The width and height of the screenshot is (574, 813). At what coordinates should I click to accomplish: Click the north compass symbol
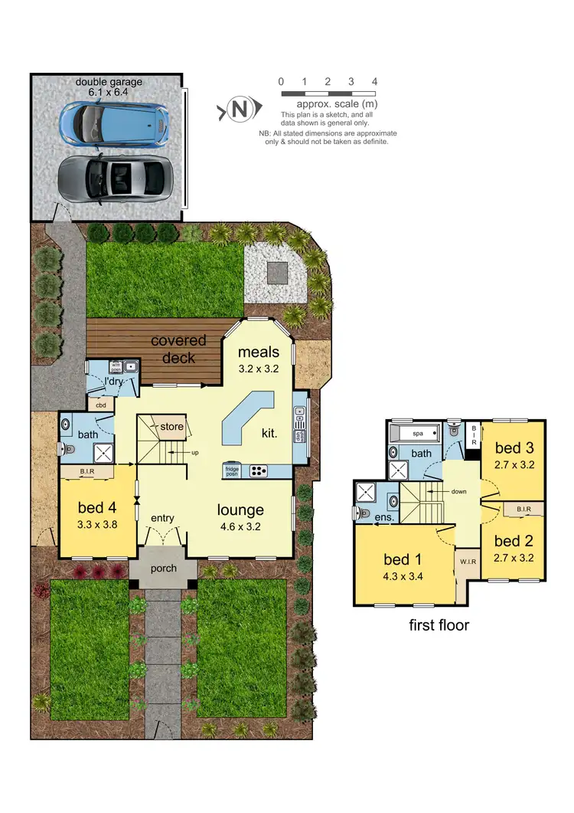239,110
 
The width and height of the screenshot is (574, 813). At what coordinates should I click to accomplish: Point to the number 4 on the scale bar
374,81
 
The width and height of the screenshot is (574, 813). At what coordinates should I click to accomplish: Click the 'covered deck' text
178,349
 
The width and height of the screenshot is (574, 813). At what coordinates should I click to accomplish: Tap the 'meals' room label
259,352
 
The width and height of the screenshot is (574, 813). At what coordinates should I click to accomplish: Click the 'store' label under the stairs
172,426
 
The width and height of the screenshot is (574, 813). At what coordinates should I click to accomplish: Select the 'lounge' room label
240,510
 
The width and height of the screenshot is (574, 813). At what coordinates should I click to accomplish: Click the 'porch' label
164,568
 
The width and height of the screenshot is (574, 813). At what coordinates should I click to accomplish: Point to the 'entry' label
163,518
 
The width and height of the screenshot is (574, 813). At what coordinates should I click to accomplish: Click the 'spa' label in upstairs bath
417,434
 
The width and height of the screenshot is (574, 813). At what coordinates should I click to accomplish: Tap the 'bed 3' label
514,447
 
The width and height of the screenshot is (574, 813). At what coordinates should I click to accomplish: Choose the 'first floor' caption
438,625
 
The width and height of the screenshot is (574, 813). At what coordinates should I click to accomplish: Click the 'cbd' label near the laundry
100,404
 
